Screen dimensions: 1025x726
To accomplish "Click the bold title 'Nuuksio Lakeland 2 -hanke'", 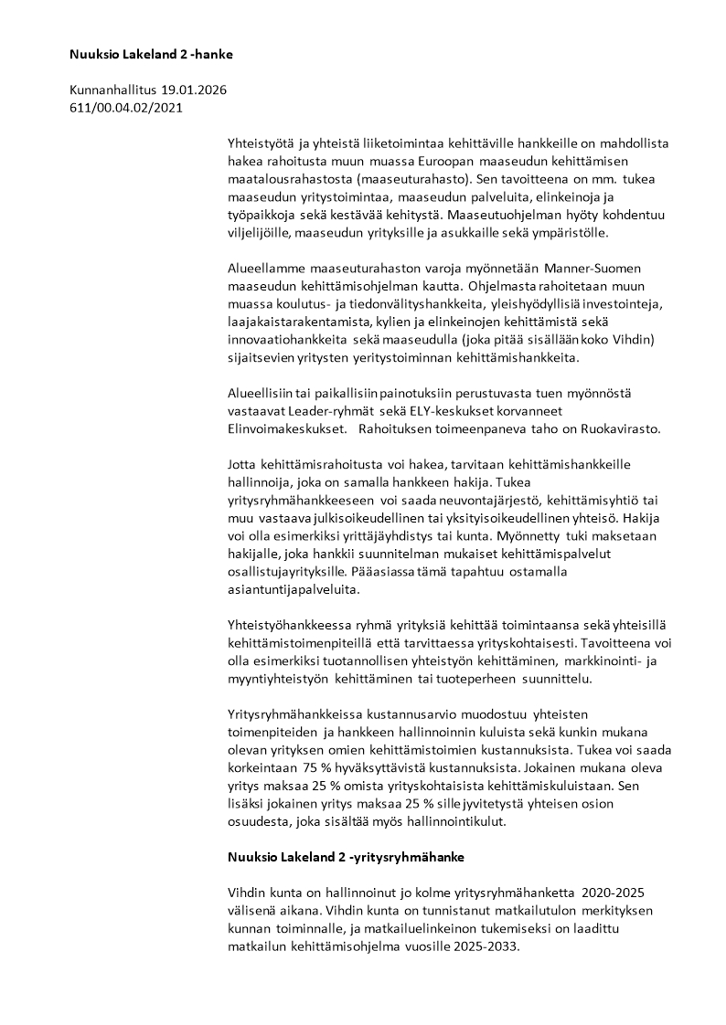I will (x=151, y=55).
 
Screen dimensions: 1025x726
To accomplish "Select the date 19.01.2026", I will (x=193, y=90).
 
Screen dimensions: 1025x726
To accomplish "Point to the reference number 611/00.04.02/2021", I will (x=126, y=107).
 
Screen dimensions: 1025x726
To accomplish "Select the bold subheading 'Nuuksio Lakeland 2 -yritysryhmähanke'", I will (x=346, y=857).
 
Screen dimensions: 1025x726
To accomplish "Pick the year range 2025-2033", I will (x=485, y=946).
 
